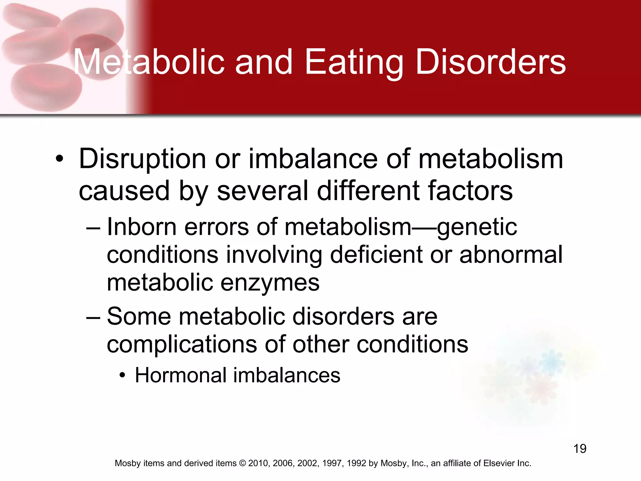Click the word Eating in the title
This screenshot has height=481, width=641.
click(x=354, y=63)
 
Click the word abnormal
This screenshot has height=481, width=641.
click(x=511, y=254)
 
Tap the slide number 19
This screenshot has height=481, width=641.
click(x=580, y=448)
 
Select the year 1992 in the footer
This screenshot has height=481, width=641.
click(x=356, y=463)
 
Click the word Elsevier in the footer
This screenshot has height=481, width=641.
click(x=498, y=463)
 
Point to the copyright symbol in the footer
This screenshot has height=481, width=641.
click(x=243, y=463)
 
